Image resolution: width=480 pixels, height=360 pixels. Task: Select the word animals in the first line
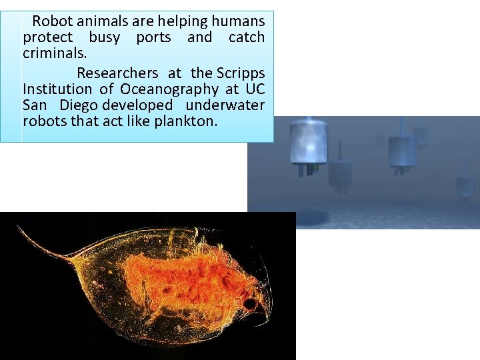coord(103,21)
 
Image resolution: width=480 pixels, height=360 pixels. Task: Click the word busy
coord(104,38)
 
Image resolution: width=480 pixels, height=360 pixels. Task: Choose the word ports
coord(153,38)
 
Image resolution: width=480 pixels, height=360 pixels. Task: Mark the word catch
coord(246,38)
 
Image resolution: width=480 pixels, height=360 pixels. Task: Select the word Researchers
coord(117,73)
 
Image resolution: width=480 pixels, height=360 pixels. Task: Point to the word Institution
coord(57,89)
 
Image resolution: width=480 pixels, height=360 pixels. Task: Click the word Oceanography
coord(169,89)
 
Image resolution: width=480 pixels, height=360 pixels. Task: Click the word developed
coord(137,105)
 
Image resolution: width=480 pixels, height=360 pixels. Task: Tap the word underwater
coord(225,105)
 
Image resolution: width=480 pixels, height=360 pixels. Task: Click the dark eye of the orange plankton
coord(251,305)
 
